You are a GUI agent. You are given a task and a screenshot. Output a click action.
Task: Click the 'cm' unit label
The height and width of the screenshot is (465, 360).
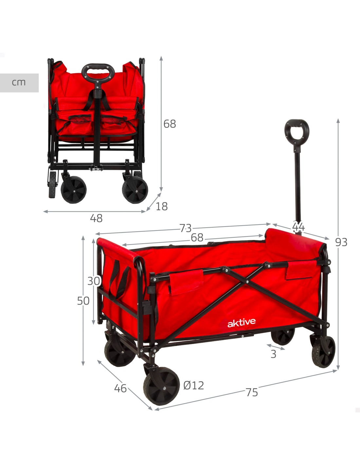[19, 82]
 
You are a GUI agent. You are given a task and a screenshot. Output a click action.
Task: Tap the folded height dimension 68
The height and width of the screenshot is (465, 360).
[170, 124]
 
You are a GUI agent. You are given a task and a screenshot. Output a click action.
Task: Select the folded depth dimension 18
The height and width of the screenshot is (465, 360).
[162, 206]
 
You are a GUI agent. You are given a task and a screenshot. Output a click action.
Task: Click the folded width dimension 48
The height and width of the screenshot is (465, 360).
[96, 218]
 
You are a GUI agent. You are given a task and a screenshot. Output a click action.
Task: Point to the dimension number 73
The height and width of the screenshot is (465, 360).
[186, 228]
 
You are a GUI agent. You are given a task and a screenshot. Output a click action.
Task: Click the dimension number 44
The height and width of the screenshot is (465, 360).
[298, 227]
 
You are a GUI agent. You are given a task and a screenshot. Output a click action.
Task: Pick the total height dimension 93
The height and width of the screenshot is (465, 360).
[341, 242]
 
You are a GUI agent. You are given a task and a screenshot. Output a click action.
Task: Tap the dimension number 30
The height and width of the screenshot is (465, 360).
[94, 281]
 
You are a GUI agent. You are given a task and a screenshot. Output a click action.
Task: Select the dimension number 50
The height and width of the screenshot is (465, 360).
[83, 301]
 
